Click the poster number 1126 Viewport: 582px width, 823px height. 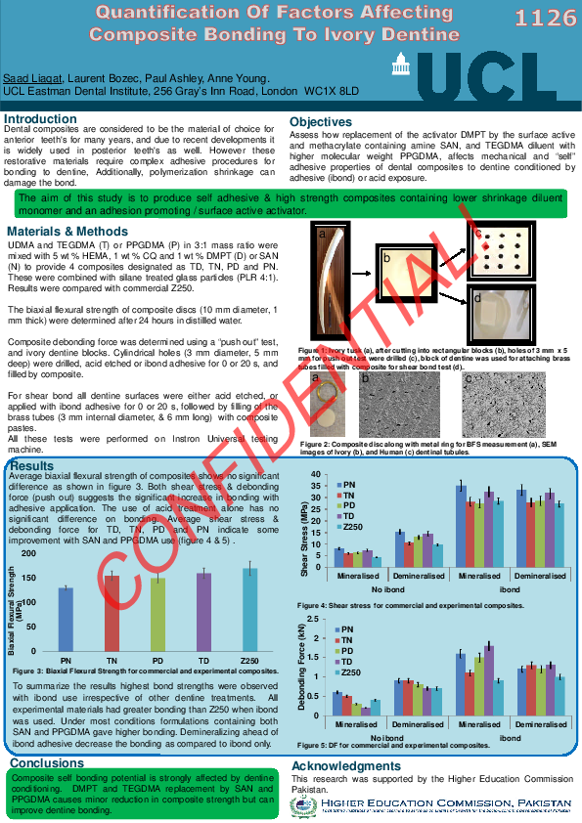tap(546, 20)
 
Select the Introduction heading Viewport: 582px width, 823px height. tap(41, 119)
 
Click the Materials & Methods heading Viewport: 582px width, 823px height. tap(67, 232)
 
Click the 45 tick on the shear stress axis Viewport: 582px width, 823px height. tap(315, 474)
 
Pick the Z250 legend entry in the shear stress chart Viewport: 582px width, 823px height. tap(355, 527)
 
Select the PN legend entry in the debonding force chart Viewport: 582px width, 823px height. tap(349, 629)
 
